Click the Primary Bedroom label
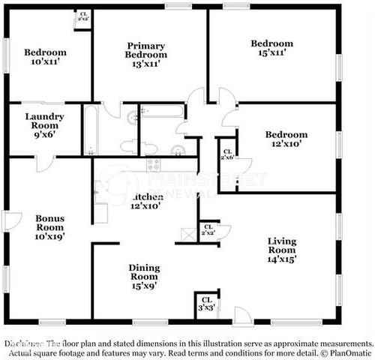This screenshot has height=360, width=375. pos(146,50)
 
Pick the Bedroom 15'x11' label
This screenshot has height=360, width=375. pos(272,49)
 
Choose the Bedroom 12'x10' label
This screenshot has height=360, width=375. pos(286,139)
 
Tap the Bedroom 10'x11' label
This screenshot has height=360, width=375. pos(45,57)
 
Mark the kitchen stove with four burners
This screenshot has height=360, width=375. pos(154,165)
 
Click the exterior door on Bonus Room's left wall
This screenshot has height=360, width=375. pos(11,220)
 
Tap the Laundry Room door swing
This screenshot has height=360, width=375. pos(46,163)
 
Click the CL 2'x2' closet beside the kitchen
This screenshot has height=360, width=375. pos(208,231)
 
